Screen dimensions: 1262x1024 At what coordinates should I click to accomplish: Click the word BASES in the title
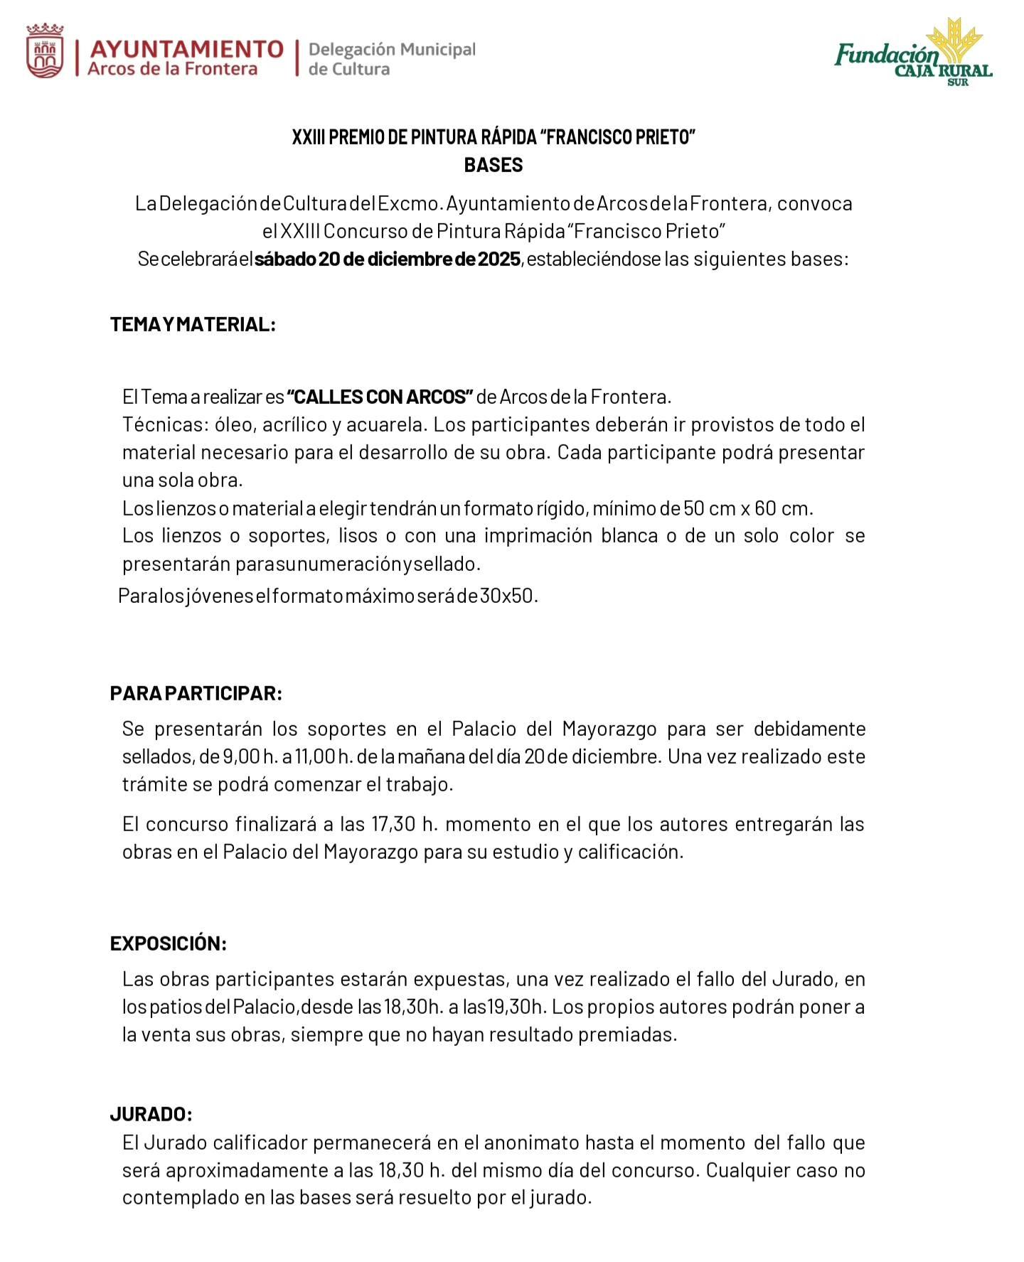click(x=493, y=165)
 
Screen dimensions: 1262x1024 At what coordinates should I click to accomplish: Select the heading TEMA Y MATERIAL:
click(x=193, y=325)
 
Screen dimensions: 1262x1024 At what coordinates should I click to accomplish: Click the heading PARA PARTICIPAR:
click(x=196, y=693)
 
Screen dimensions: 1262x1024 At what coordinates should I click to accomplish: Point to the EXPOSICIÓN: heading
click(x=168, y=943)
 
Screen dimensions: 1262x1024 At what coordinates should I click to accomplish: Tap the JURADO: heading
click(x=151, y=1113)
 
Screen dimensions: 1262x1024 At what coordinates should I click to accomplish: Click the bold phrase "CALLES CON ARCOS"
click(x=380, y=396)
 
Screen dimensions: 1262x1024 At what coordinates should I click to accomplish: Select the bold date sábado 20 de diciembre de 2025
click(x=388, y=259)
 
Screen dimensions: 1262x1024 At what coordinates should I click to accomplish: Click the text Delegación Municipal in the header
click(x=392, y=50)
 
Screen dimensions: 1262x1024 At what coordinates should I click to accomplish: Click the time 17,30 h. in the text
click(x=402, y=824)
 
